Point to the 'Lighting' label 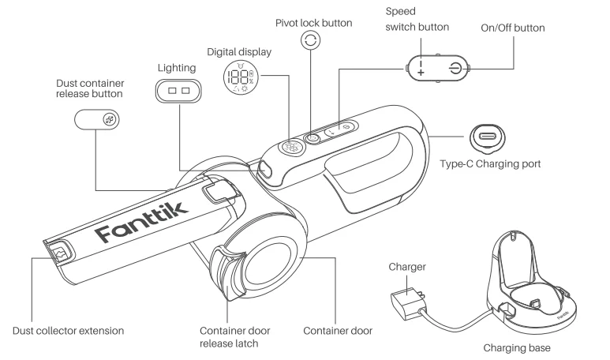click(177, 69)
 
